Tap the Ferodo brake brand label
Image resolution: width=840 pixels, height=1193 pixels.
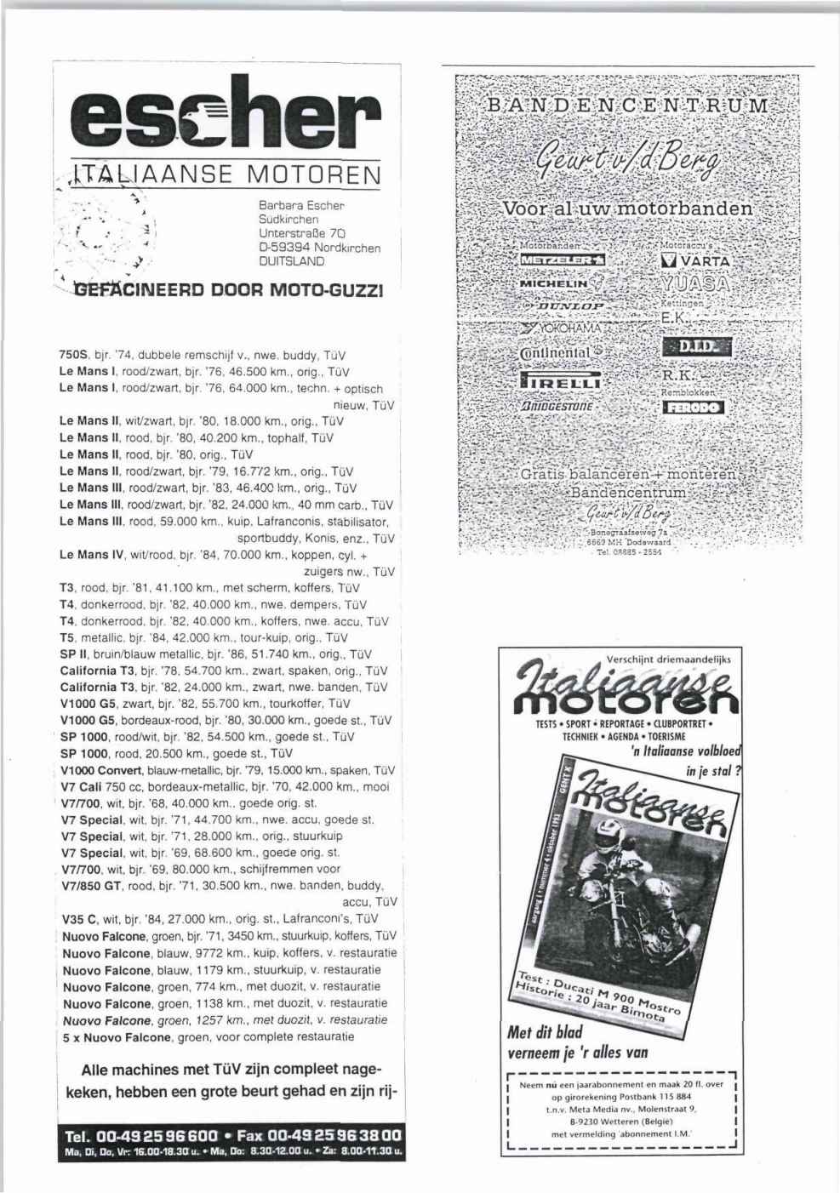tap(694, 408)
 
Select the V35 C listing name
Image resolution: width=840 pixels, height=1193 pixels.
tap(81, 919)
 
